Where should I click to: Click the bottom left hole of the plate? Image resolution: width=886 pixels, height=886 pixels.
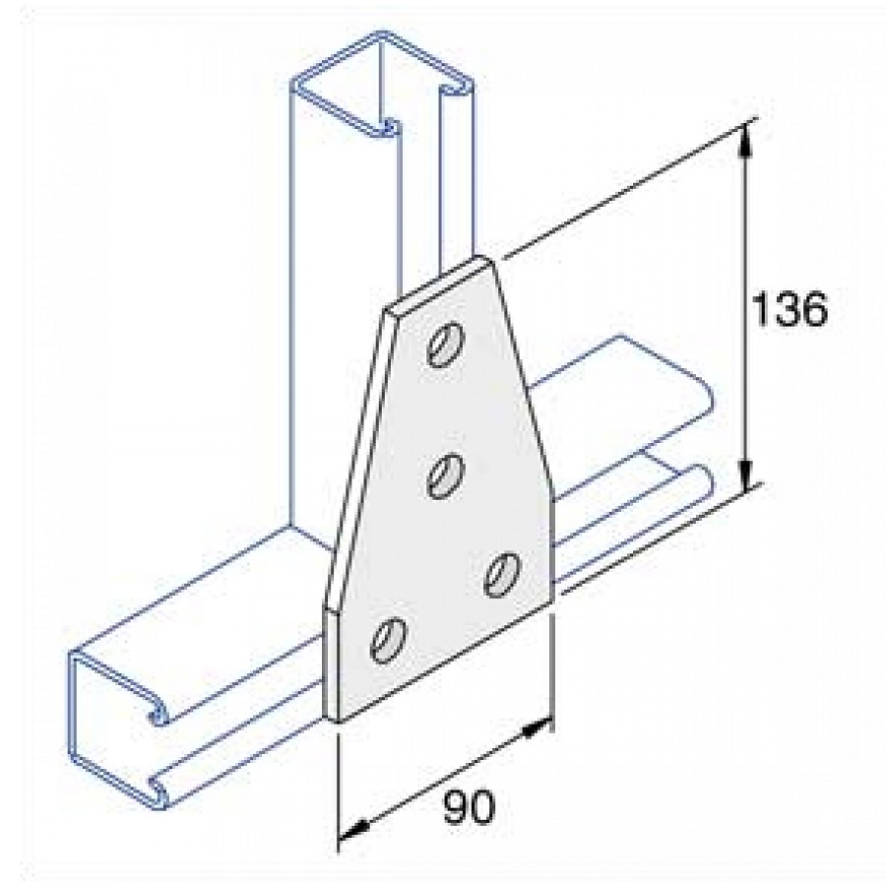[387, 638]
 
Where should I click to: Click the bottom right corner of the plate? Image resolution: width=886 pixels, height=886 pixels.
[551, 606]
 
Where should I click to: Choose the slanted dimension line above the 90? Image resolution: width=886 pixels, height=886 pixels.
[443, 781]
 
